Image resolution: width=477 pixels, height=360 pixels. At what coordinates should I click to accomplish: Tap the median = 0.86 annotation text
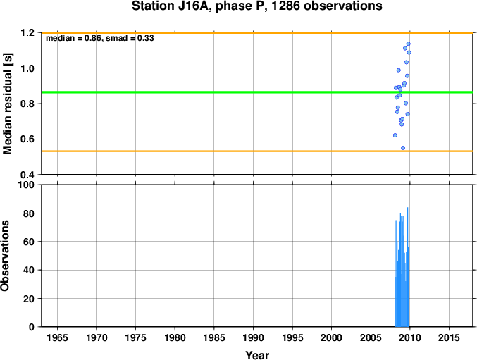pyautogui.click(x=73, y=38)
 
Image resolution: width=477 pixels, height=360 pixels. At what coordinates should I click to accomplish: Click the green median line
pyautogui.click(x=257, y=92)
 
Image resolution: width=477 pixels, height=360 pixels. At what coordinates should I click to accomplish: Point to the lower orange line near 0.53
pyautogui.click(x=257, y=151)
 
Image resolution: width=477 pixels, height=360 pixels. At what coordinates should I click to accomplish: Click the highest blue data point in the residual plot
pyautogui.click(x=408, y=44)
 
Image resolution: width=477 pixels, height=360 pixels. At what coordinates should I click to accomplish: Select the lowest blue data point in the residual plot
pyautogui.click(x=403, y=148)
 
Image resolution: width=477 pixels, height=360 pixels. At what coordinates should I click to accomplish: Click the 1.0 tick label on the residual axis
pyautogui.click(x=27, y=68)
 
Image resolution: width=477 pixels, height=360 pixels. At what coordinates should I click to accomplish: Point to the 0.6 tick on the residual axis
pyautogui.click(x=27, y=139)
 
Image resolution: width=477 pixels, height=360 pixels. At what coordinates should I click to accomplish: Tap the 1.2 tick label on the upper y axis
pyautogui.click(x=27, y=33)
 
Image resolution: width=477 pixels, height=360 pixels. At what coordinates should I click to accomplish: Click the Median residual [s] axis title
pyautogui.click(x=8, y=104)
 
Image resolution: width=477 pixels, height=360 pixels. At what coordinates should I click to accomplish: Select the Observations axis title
pyautogui.click(x=5, y=256)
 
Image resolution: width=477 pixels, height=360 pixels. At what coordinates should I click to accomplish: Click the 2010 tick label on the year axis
pyautogui.click(x=410, y=337)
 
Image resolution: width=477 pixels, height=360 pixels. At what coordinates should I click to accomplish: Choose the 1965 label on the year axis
pyautogui.click(x=57, y=337)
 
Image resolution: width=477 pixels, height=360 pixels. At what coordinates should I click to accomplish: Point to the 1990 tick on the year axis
pyautogui.click(x=253, y=337)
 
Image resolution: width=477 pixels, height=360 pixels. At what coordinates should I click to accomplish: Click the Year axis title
pyautogui.click(x=257, y=355)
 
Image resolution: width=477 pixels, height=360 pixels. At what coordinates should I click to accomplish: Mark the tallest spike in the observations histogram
pyautogui.click(x=408, y=267)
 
